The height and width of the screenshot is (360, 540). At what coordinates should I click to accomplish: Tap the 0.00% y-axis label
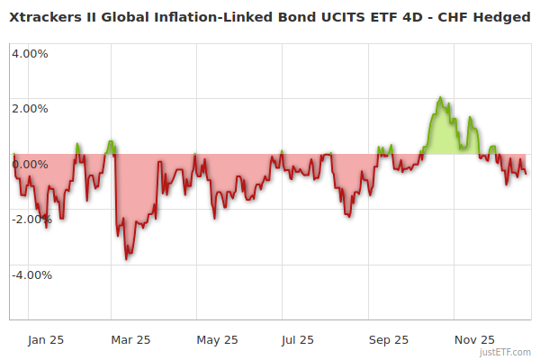pyautogui.click(x=30, y=164)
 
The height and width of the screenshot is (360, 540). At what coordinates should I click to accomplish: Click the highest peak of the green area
pyautogui.click(x=440, y=97)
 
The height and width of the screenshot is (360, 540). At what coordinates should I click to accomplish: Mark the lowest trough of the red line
pyautogui.click(x=127, y=259)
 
